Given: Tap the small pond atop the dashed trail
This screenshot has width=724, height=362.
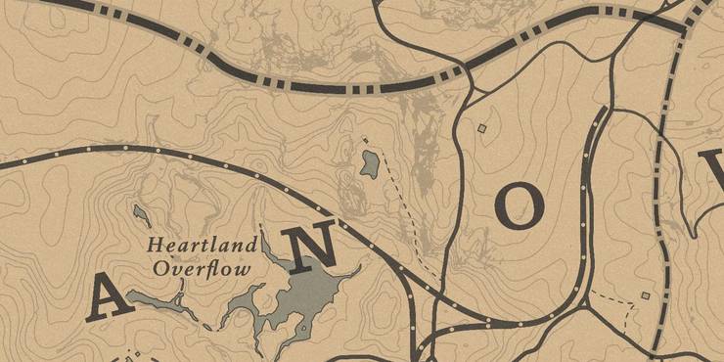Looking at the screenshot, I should [x=369, y=162].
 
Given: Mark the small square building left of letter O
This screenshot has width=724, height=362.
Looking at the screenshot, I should [x=480, y=127].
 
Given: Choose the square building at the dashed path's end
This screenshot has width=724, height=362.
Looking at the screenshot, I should [x=645, y=295].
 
